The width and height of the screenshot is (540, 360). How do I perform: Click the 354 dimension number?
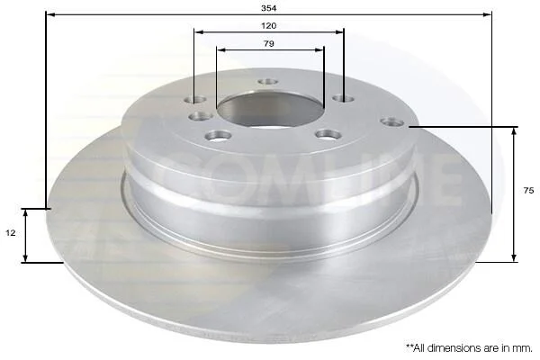(x=268, y=8)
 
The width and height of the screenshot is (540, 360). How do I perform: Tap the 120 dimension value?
(x=268, y=26)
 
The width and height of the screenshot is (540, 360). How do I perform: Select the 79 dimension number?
(x=268, y=44)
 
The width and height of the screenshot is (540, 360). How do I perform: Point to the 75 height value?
(x=528, y=191)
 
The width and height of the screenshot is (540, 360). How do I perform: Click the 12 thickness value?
(x=11, y=233)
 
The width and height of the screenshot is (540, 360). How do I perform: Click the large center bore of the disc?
(x=270, y=108)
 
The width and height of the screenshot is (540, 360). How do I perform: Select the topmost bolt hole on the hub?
(x=268, y=82)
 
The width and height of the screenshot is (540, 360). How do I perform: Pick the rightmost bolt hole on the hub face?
(x=392, y=122)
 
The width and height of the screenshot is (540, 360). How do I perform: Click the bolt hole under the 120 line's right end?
(x=344, y=99)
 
